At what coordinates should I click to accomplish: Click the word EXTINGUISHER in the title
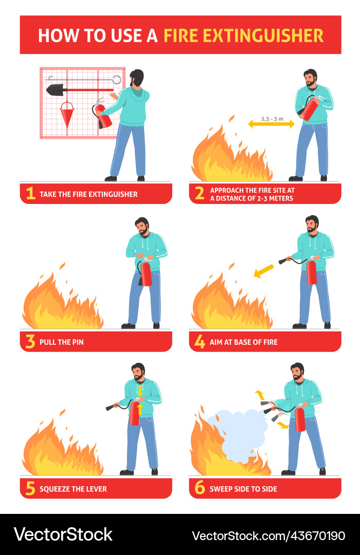[x=243, y=35]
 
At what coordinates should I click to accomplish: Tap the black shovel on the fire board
[x=56, y=89]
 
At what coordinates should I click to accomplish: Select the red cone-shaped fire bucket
[x=67, y=114]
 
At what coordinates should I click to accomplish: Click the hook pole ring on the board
[x=117, y=79]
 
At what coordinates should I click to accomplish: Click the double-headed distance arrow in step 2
[x=271, y=124]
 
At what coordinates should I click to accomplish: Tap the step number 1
[x=30, y=194]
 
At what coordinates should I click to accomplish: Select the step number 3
[x=30, y=342]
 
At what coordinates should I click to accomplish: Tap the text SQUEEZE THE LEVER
[x=74, y=489]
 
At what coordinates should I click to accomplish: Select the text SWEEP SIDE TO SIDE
[x=243, y=489]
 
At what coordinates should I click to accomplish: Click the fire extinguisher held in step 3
[x=146, y=272]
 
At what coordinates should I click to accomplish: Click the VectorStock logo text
[x=63, y=534]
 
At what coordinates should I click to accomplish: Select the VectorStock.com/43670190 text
[x=268, y=535]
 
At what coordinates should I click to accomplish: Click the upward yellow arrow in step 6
[x=259, y=395]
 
